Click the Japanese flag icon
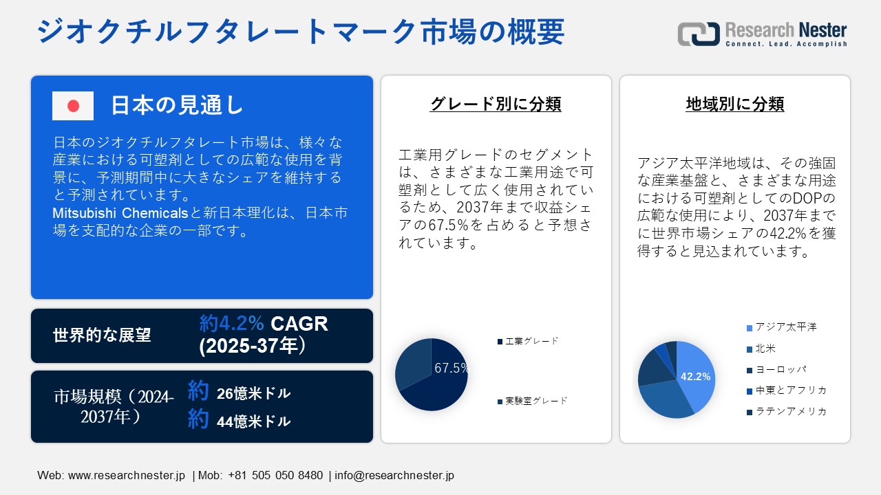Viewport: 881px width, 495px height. pyautogui.click(x=73, y=106)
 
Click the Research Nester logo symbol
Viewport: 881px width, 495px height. pyautogui.click(x=698, y=33)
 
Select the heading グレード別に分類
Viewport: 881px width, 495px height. pyautogui.click(x=496, y=104)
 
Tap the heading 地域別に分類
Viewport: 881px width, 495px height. pyautogui.click(x=735, y=104)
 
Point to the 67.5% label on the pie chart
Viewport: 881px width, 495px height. pyautogui.click(x=452, y=368)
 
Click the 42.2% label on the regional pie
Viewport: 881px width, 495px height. pyautogui.click(x=695, y=377)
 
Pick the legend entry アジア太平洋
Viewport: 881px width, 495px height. pyautogui.click(x=785, y=327)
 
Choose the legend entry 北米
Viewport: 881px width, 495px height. pyautogui.click(x=765, y=349)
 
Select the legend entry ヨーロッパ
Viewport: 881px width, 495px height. pyautogui.click(x=780, y=369)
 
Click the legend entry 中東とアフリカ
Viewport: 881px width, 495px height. pyautogui.click(x=790, y=390)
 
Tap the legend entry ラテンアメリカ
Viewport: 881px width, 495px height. pyautogui.click(x=790, y=412)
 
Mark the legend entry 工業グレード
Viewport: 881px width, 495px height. pyautogui.click(x=531, y=341)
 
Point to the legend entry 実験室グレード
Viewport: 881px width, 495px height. pyautogui.click(x=536, y=401)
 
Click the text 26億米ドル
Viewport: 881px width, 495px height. pyautogui.click(x=253, y=394)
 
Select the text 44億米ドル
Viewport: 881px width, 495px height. pyautogui.click(x=253, y=422)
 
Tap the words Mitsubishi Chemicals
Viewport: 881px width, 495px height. pyautogui.click(x=120, y=213)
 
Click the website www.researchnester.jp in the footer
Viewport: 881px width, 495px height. pyautogui.click(x=127, y=475)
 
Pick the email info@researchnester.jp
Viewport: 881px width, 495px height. pyautogui.click(x=394, y=475)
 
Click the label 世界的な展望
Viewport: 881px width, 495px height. pyautogui.click(x=102, y=335)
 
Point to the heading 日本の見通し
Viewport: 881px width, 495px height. pyautogui.click(x=178, y=105)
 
